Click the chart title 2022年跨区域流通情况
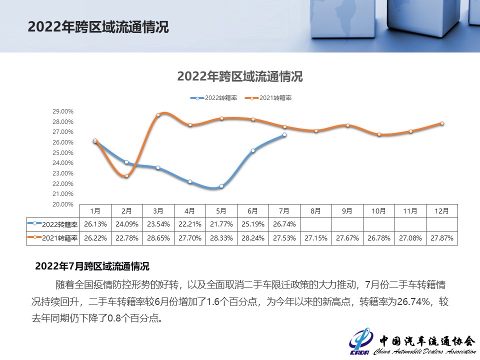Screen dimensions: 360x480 pos(240,76)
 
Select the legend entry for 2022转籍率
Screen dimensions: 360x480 pos(214,98)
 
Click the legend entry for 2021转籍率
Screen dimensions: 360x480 pos(268,98)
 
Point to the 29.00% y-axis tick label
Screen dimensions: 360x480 pos(63,111)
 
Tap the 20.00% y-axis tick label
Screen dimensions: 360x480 pos(63,204)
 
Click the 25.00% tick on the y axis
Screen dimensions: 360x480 pos(63,153)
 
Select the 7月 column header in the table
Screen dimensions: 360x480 pos(284,211)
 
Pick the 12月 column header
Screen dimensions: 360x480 pos(441,211)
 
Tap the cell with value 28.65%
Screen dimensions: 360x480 pos(158,238)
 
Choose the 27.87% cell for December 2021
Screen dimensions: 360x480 pos(441,238)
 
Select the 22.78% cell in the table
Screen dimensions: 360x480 pos(126,238)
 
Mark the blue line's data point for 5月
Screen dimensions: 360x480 pos(221,186)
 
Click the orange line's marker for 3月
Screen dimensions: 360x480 pos(158,115)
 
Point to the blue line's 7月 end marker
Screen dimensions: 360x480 pos(284,134)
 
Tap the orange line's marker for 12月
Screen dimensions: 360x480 pos(442,123)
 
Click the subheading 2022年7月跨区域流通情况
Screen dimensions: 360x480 pos(92,266)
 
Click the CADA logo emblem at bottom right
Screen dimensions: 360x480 pos(360,341)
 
